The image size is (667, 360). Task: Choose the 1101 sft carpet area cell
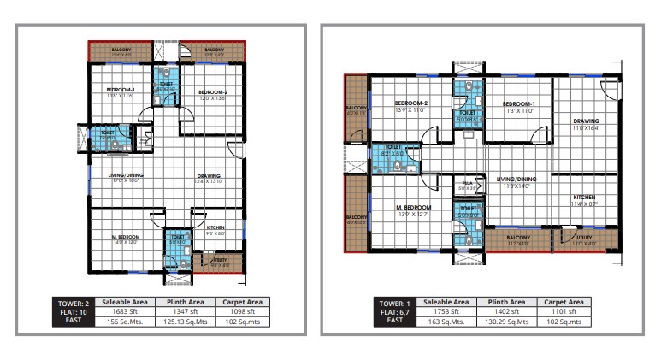pyautogui.click(x=564, y=312)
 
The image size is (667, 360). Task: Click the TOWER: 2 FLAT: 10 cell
pyautogui.click(x=72, y=312)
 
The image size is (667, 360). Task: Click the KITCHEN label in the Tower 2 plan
pyautogui.click(x=215, y=227)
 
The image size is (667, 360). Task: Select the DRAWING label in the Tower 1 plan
pyautogui.click(x=586, y=121)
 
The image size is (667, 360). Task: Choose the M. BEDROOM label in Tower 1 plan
pyautogui.click(x=414, y=208)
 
